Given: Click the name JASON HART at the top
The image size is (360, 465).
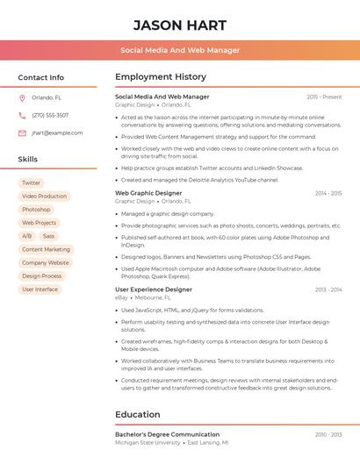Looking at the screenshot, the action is pyautogui.click(x=180, y=25).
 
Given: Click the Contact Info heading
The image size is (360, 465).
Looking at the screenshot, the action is pyautogui.click(x=40, y=77).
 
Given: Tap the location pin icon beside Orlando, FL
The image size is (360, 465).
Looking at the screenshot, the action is pyautogui.click(x=22, y=98).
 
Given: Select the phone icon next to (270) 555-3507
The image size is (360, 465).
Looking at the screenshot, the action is pyautogui.click(x=22, y=116).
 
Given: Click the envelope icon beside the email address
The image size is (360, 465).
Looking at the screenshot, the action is pyautogui.click(x=22, y=133).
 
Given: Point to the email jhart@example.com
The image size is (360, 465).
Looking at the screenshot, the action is pyautogui.click(x=57, y=133).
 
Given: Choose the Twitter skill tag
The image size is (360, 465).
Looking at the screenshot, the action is pyautogui.click(x=32, y=183).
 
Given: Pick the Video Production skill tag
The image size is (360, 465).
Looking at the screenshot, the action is pyautogui.click(x=44, y=197).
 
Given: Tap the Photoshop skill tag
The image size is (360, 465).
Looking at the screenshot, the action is pyautogui.click(x=36, y=210).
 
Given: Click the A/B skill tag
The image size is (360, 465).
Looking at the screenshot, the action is pyautogui.click(x=26, y=236).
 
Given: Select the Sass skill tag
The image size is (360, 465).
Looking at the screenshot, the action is pyautogui.click(x=48, y=236).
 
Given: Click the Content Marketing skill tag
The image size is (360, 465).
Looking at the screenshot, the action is pyautogui.click(x=46, y=249).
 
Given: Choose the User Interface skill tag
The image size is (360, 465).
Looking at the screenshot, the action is pyautogui.click(x=40, y=289).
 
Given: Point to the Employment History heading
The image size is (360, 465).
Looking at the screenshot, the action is pyautogui.click(x=161, y=77).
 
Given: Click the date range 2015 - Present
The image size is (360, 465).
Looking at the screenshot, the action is pyautogui.click(x=324, y=97).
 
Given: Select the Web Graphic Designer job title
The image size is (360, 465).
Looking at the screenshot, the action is pyautogui.click(x=148, y=193).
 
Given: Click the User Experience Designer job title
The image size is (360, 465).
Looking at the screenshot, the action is pyautogui.click(x=154, y=290).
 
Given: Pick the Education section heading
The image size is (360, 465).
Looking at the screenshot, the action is pyautogui.click(x=137, y=414).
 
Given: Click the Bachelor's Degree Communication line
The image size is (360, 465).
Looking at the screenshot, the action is pyautogui.click(x=167, y=434).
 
